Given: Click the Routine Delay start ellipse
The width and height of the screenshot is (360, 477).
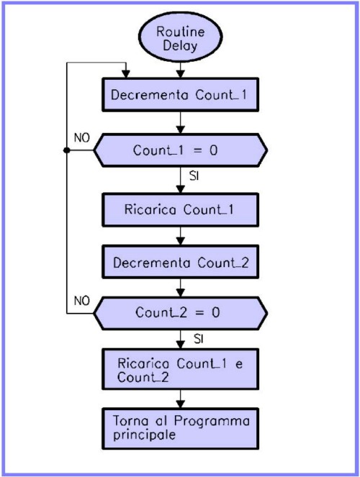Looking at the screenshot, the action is pos(181,37).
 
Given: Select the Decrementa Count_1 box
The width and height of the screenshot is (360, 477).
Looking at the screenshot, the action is pos(181,95).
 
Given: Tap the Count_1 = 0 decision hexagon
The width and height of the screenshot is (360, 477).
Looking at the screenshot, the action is pos(181,150).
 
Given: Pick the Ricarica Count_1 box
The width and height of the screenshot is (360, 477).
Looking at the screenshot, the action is pos(181,210).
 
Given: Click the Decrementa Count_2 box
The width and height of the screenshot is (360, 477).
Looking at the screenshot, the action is pos(181,262).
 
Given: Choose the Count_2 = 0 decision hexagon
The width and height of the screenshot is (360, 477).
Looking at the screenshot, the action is pos(181,314).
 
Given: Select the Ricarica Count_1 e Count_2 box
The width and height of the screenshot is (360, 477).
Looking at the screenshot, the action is pos(181,369).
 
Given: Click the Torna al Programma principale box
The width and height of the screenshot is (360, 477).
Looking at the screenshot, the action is pos(181,429).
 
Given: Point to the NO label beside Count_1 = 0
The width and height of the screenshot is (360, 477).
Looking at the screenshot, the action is pos(82,138).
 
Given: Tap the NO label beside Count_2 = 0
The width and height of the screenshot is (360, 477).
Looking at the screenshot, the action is pos(82,301).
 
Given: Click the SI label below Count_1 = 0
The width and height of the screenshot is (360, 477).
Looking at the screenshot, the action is pos(194,176).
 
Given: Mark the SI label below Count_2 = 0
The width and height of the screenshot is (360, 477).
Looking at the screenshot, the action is pos(199,339).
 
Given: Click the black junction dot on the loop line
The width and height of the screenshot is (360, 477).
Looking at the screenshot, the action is pos(67,150).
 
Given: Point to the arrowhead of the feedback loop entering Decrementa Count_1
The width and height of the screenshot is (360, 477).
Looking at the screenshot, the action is pos(126,74).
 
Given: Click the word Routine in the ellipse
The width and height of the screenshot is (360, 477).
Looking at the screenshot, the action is pos(181,32).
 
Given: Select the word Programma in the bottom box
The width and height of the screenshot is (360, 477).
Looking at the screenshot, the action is pos(212,422).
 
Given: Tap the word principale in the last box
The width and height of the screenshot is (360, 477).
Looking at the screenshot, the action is pos(144,435).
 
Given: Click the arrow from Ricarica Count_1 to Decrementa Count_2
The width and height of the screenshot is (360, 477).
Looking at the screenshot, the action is pos(181,236).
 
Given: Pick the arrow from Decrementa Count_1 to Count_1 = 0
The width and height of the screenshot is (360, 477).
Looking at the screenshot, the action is pos(181,122).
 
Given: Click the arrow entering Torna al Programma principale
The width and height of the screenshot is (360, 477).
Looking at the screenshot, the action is pos(181,399).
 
